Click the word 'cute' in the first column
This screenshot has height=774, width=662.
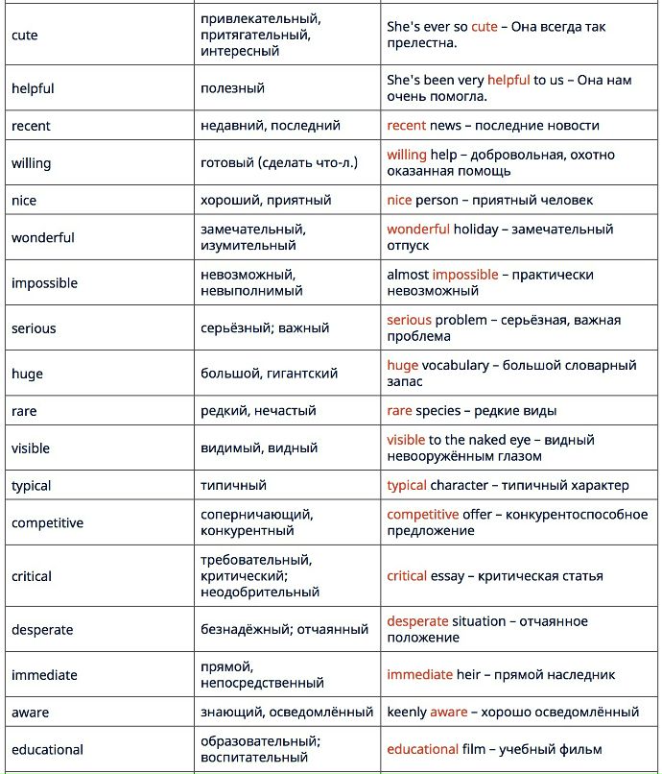(25, 36)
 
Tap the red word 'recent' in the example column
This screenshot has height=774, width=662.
(407, 126)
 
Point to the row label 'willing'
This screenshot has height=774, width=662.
(31, 163)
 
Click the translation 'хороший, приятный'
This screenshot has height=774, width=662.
(266, 201)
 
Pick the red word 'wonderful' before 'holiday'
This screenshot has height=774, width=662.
(418, 230)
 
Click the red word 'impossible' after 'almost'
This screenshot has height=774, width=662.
(465, 275)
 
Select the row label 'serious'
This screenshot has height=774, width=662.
(34, 328)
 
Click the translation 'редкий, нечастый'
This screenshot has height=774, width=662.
(258, 411)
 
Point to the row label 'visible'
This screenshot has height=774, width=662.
(31, 448)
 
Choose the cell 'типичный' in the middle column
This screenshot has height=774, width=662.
(233, 486)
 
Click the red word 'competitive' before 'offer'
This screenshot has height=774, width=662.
(423, 515)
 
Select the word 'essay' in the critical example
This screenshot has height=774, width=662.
(446, 576)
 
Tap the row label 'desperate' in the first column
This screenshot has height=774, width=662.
(42, 630)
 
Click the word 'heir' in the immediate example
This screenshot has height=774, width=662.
(469, 675)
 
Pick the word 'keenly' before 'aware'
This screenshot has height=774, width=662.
(407, 713)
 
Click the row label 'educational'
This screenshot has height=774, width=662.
(47, 750)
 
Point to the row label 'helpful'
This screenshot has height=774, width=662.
(33, 88)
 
